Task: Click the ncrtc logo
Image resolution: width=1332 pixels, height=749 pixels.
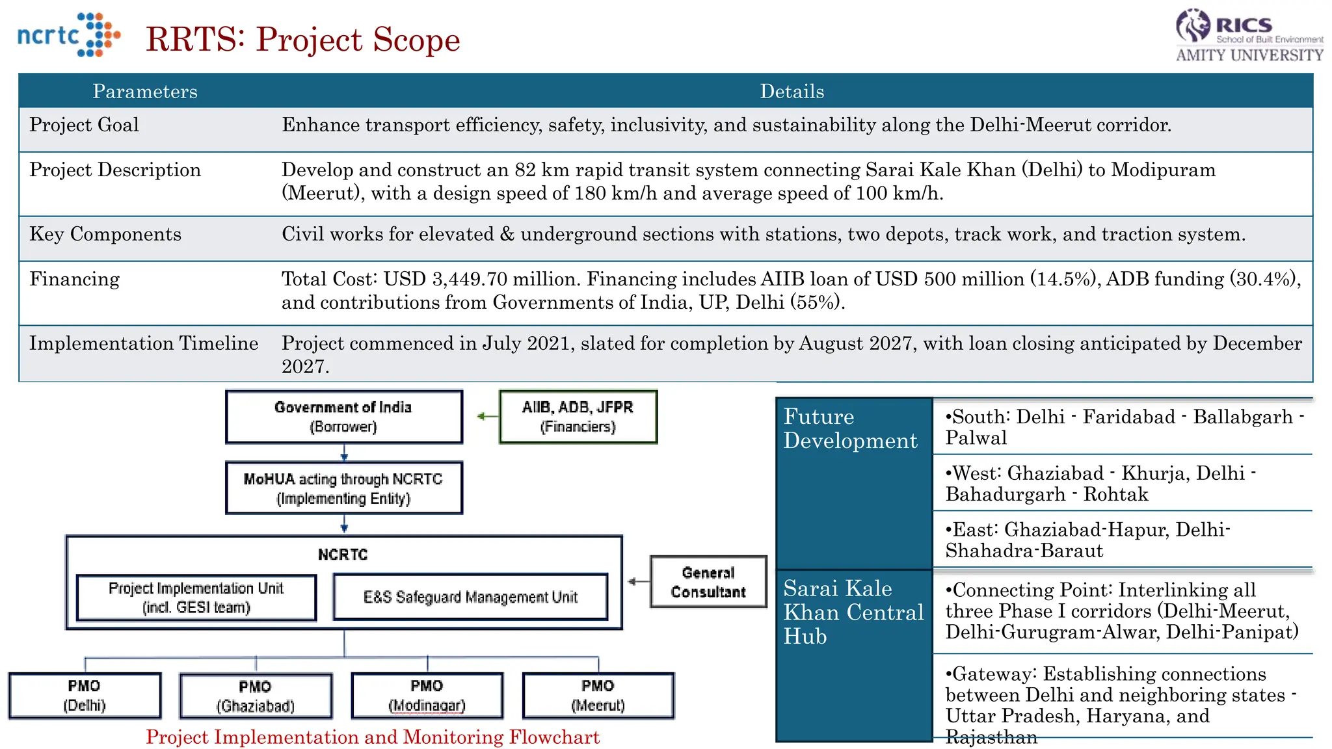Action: point(68,35)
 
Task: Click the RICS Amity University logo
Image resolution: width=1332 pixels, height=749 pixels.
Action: point(1249,36)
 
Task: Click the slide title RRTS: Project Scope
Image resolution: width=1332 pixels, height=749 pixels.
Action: point(303,40)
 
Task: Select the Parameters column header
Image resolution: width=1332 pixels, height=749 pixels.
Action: point(145,92)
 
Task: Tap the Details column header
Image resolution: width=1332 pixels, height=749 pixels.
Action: point(792,92)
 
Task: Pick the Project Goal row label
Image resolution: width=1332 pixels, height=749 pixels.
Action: point(84,125)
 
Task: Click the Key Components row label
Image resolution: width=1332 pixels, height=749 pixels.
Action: point(105,234)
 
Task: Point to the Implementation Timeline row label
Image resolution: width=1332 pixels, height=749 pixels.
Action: point(144,343)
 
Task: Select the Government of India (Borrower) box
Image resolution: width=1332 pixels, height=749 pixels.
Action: point(343,417)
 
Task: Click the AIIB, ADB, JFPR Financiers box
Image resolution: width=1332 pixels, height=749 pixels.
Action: point(578,417)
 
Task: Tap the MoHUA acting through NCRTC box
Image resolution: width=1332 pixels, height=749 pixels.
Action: point(343,488)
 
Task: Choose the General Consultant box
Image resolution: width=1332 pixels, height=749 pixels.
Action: point(708,582)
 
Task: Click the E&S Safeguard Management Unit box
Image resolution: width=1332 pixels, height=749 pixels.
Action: point(470,597)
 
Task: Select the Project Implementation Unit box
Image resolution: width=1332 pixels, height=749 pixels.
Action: point(196,598)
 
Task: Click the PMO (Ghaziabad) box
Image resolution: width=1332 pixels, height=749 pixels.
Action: point(256,696)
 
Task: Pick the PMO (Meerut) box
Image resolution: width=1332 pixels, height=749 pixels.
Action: point(598,696)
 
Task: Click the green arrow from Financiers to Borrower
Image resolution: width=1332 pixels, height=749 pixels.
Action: point(486,416)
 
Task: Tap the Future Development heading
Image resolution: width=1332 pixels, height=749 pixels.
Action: point(849,428)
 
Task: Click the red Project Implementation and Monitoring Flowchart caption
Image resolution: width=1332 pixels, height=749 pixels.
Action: point(372,737)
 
